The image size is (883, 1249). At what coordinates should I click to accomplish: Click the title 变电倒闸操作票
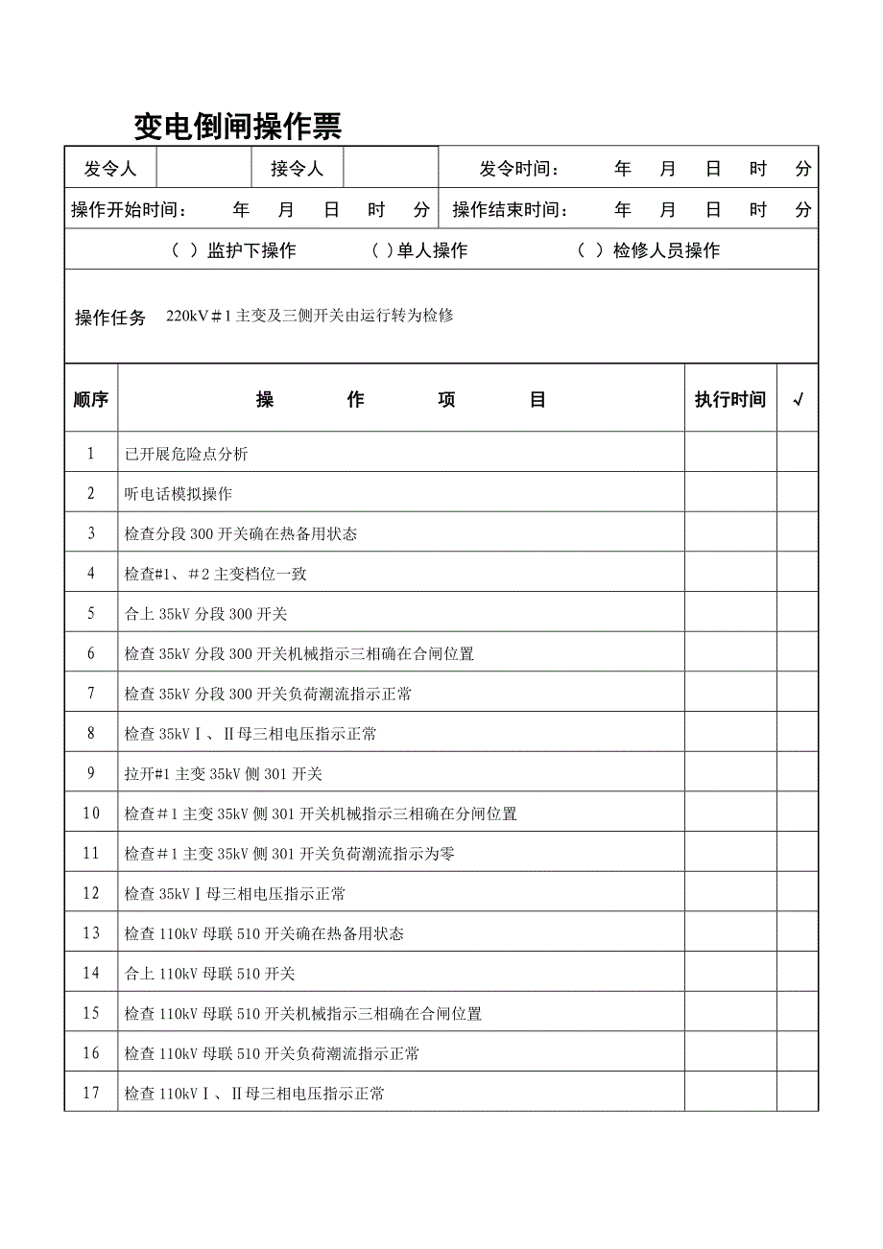click(x=237, y=126)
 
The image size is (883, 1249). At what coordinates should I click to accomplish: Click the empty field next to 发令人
click(x=204, y=169)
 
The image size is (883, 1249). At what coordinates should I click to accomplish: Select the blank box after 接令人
click(x=391, y=169)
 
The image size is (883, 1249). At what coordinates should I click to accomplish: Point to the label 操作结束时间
click(x=510, y=210)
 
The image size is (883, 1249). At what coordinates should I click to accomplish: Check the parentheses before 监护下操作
click(x=184, y=251)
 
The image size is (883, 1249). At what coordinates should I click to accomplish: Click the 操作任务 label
click(x=110, y=318)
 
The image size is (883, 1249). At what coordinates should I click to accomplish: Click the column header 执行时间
click(x=730, y=400)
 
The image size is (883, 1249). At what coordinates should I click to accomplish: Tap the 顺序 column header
click(x=91, y=400)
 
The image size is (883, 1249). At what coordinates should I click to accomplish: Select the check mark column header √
click(x=798, y=400)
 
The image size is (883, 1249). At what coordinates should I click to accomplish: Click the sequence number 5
click(x=91, y=614)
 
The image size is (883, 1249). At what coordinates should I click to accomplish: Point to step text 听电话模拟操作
click(x=179, y=494)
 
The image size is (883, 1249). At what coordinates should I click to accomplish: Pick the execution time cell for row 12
click(x=730, y=894)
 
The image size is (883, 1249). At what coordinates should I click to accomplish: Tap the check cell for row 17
click(x=798, y=1094)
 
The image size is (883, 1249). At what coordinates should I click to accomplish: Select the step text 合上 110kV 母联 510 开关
click(x=209, y=974)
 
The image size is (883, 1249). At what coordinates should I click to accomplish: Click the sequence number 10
click(x=91, y=813)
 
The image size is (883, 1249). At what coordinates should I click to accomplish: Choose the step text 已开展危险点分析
click(x=186, y=454)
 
